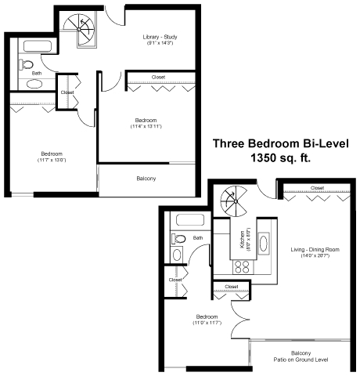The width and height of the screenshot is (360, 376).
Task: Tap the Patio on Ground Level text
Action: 301,360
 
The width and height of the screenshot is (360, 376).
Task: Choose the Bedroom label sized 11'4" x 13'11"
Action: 149,121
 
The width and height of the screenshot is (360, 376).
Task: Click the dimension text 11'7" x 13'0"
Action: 52,160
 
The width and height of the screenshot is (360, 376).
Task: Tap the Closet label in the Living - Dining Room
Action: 317,188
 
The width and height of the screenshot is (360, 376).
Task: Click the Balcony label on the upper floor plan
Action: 146,179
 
